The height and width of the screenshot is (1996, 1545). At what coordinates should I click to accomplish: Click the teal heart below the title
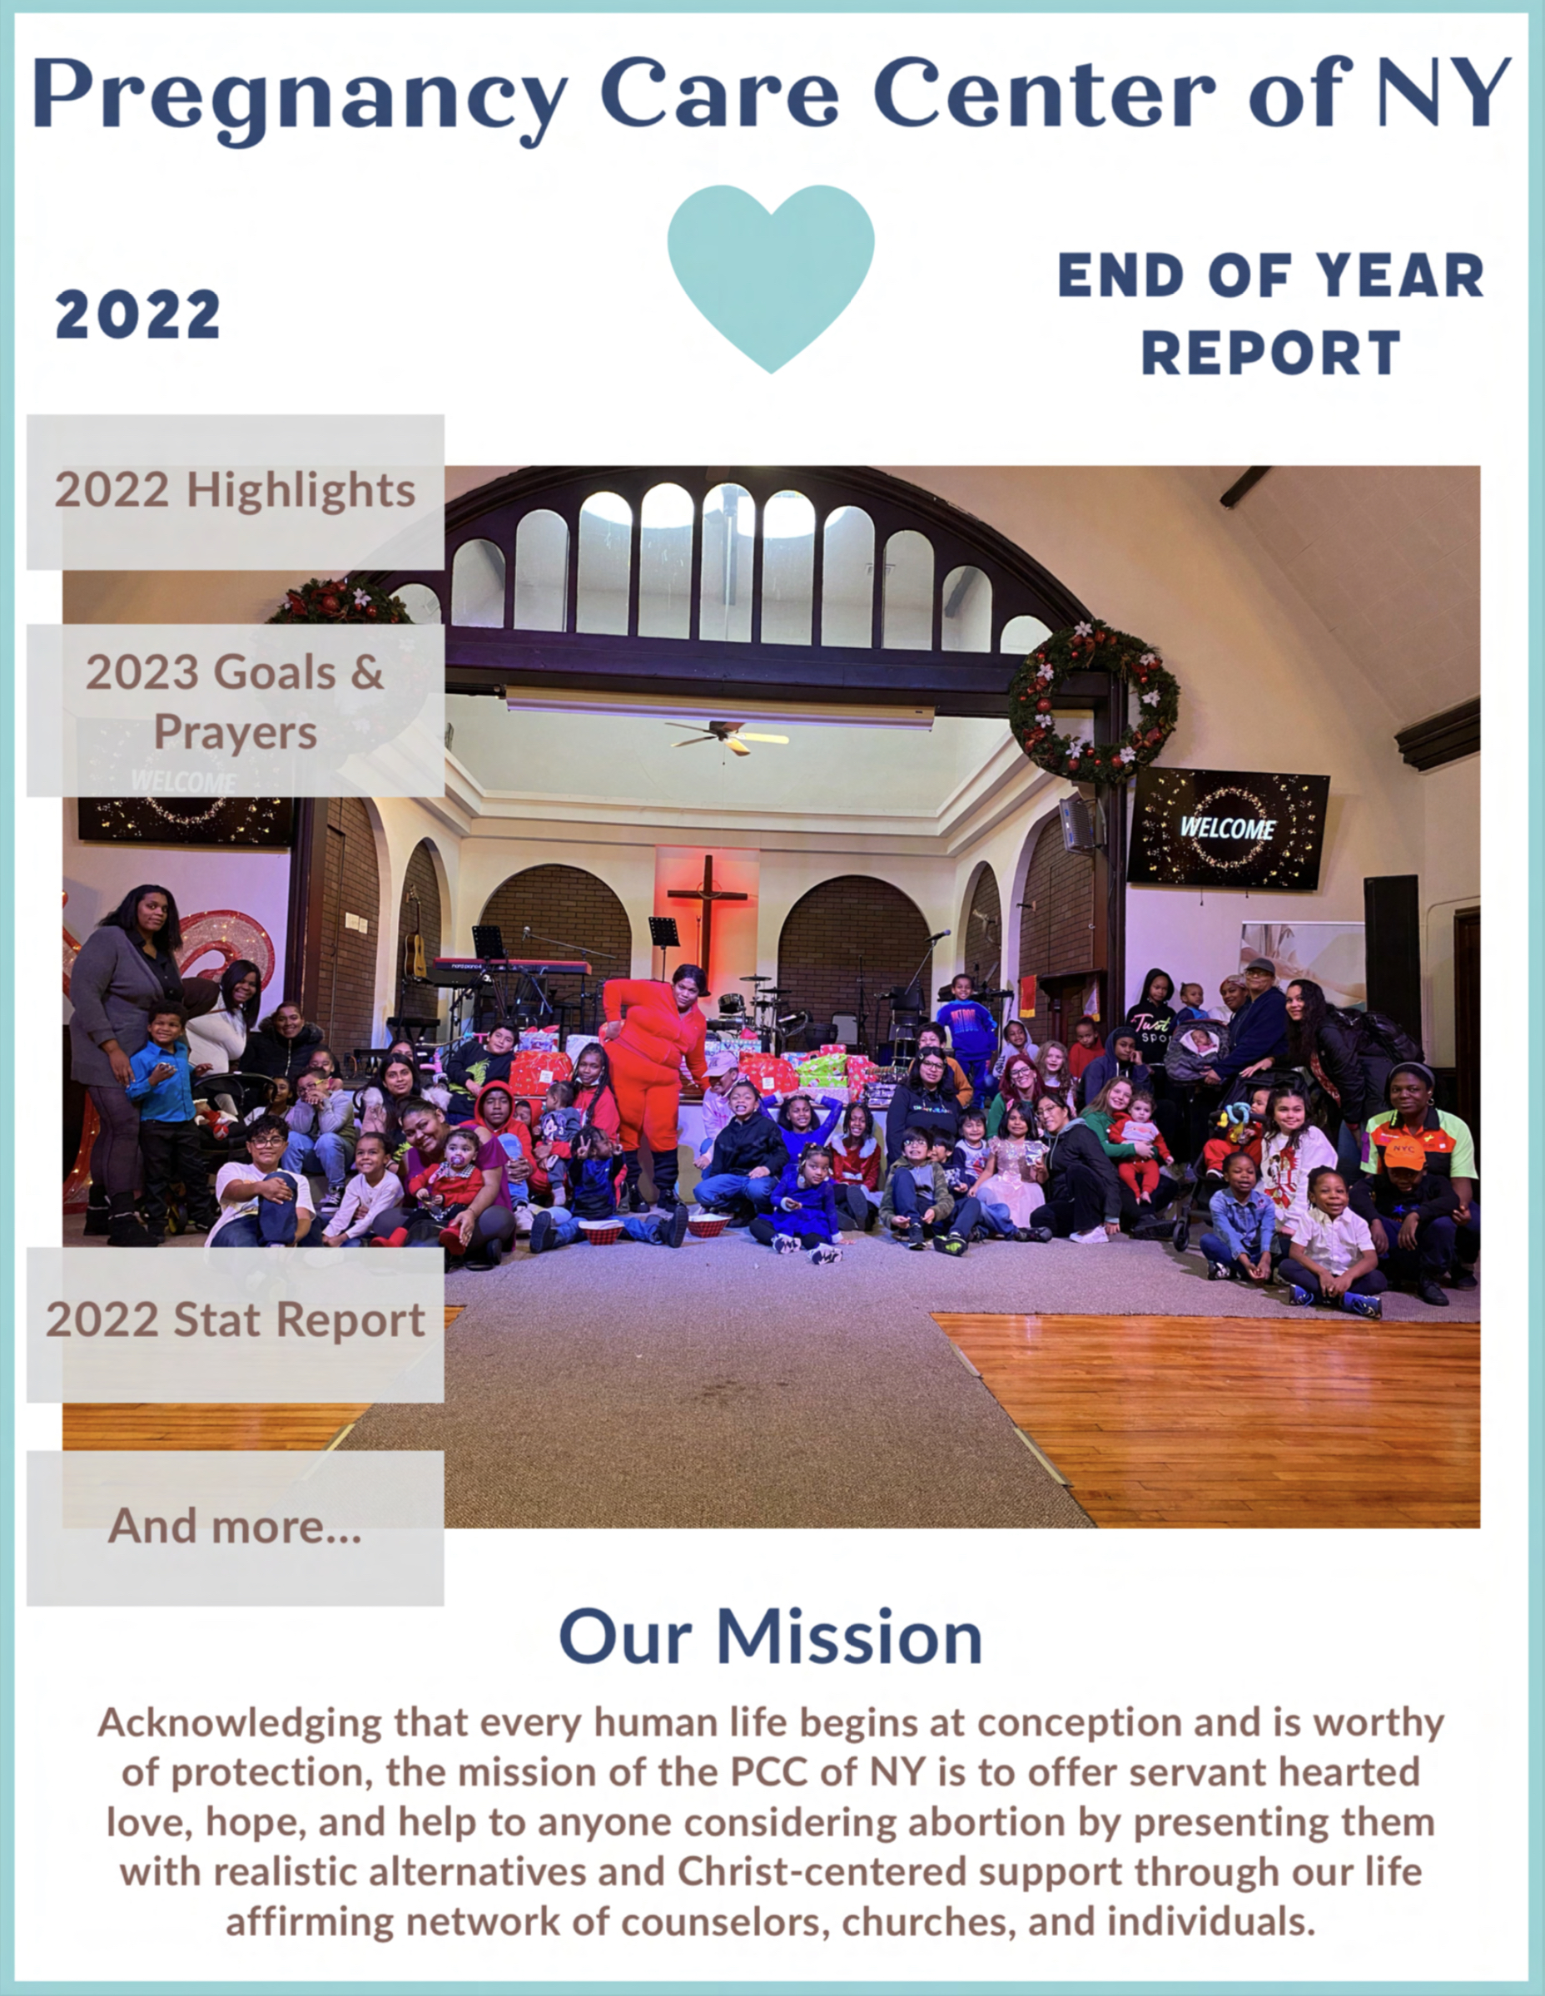[x=771, y=275]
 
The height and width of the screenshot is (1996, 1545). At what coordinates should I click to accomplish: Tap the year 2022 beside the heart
[x=138, y=315]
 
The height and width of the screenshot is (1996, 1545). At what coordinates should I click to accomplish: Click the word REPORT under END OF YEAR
[x=1271, y=353]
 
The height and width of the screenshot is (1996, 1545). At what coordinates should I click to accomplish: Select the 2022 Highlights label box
[x=235, y=492]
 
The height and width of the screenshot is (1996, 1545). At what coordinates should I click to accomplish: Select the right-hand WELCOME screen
[x=1228, y=828]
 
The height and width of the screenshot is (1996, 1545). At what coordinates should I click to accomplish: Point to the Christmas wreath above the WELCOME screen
[x=1093, y=702]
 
